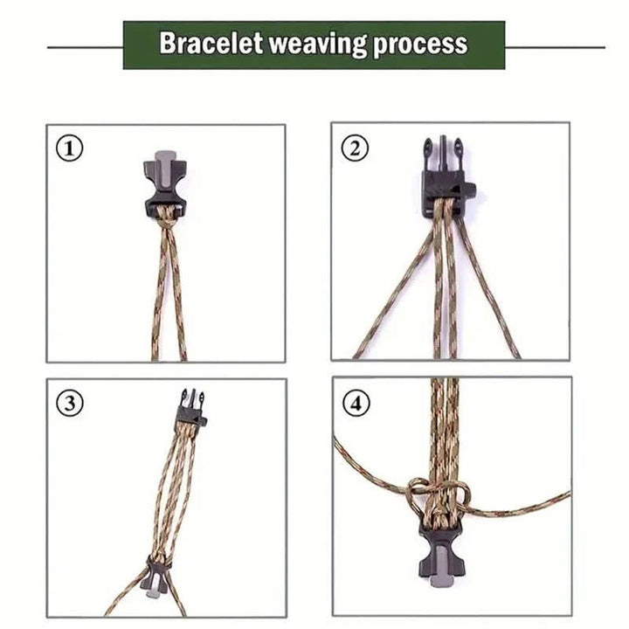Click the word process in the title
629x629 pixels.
[420, 44]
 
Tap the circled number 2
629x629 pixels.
[354, 148]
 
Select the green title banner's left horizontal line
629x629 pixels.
[84, 46]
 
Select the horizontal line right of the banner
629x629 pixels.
[555, 46]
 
